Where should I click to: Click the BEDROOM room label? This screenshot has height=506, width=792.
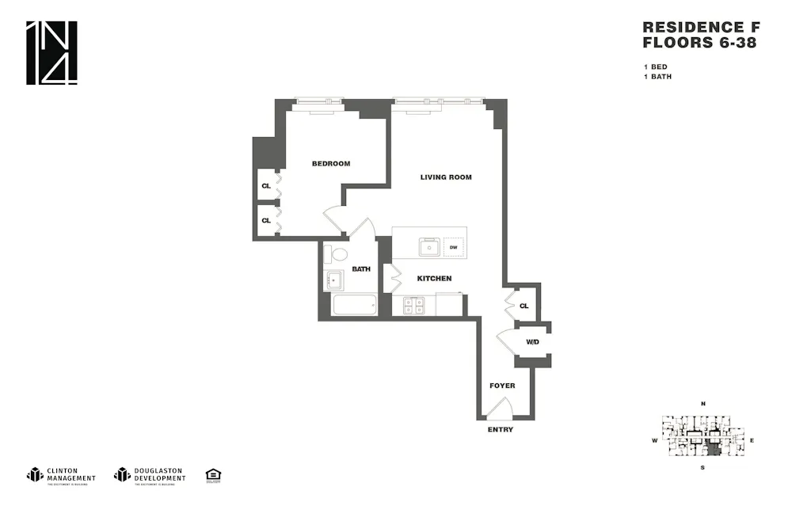331,164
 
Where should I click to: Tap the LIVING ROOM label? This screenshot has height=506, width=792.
446,177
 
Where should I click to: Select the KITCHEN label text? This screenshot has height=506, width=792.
435,279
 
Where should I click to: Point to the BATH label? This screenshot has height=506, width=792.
361,269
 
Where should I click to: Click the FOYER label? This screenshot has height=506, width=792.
502,386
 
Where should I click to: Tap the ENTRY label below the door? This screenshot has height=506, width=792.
501,430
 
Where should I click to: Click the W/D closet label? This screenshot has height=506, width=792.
533,342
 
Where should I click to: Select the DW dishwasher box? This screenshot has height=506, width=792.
454,248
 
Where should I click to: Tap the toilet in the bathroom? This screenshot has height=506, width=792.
338,254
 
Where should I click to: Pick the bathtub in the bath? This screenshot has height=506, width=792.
354,306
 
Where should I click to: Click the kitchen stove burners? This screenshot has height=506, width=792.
413,305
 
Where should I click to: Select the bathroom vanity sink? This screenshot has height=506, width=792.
333,280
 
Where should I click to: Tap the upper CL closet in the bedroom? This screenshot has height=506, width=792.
266,186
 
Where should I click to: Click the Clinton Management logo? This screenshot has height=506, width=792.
62,475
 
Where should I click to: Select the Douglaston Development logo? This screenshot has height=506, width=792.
150,475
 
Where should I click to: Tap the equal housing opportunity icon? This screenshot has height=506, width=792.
213,475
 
